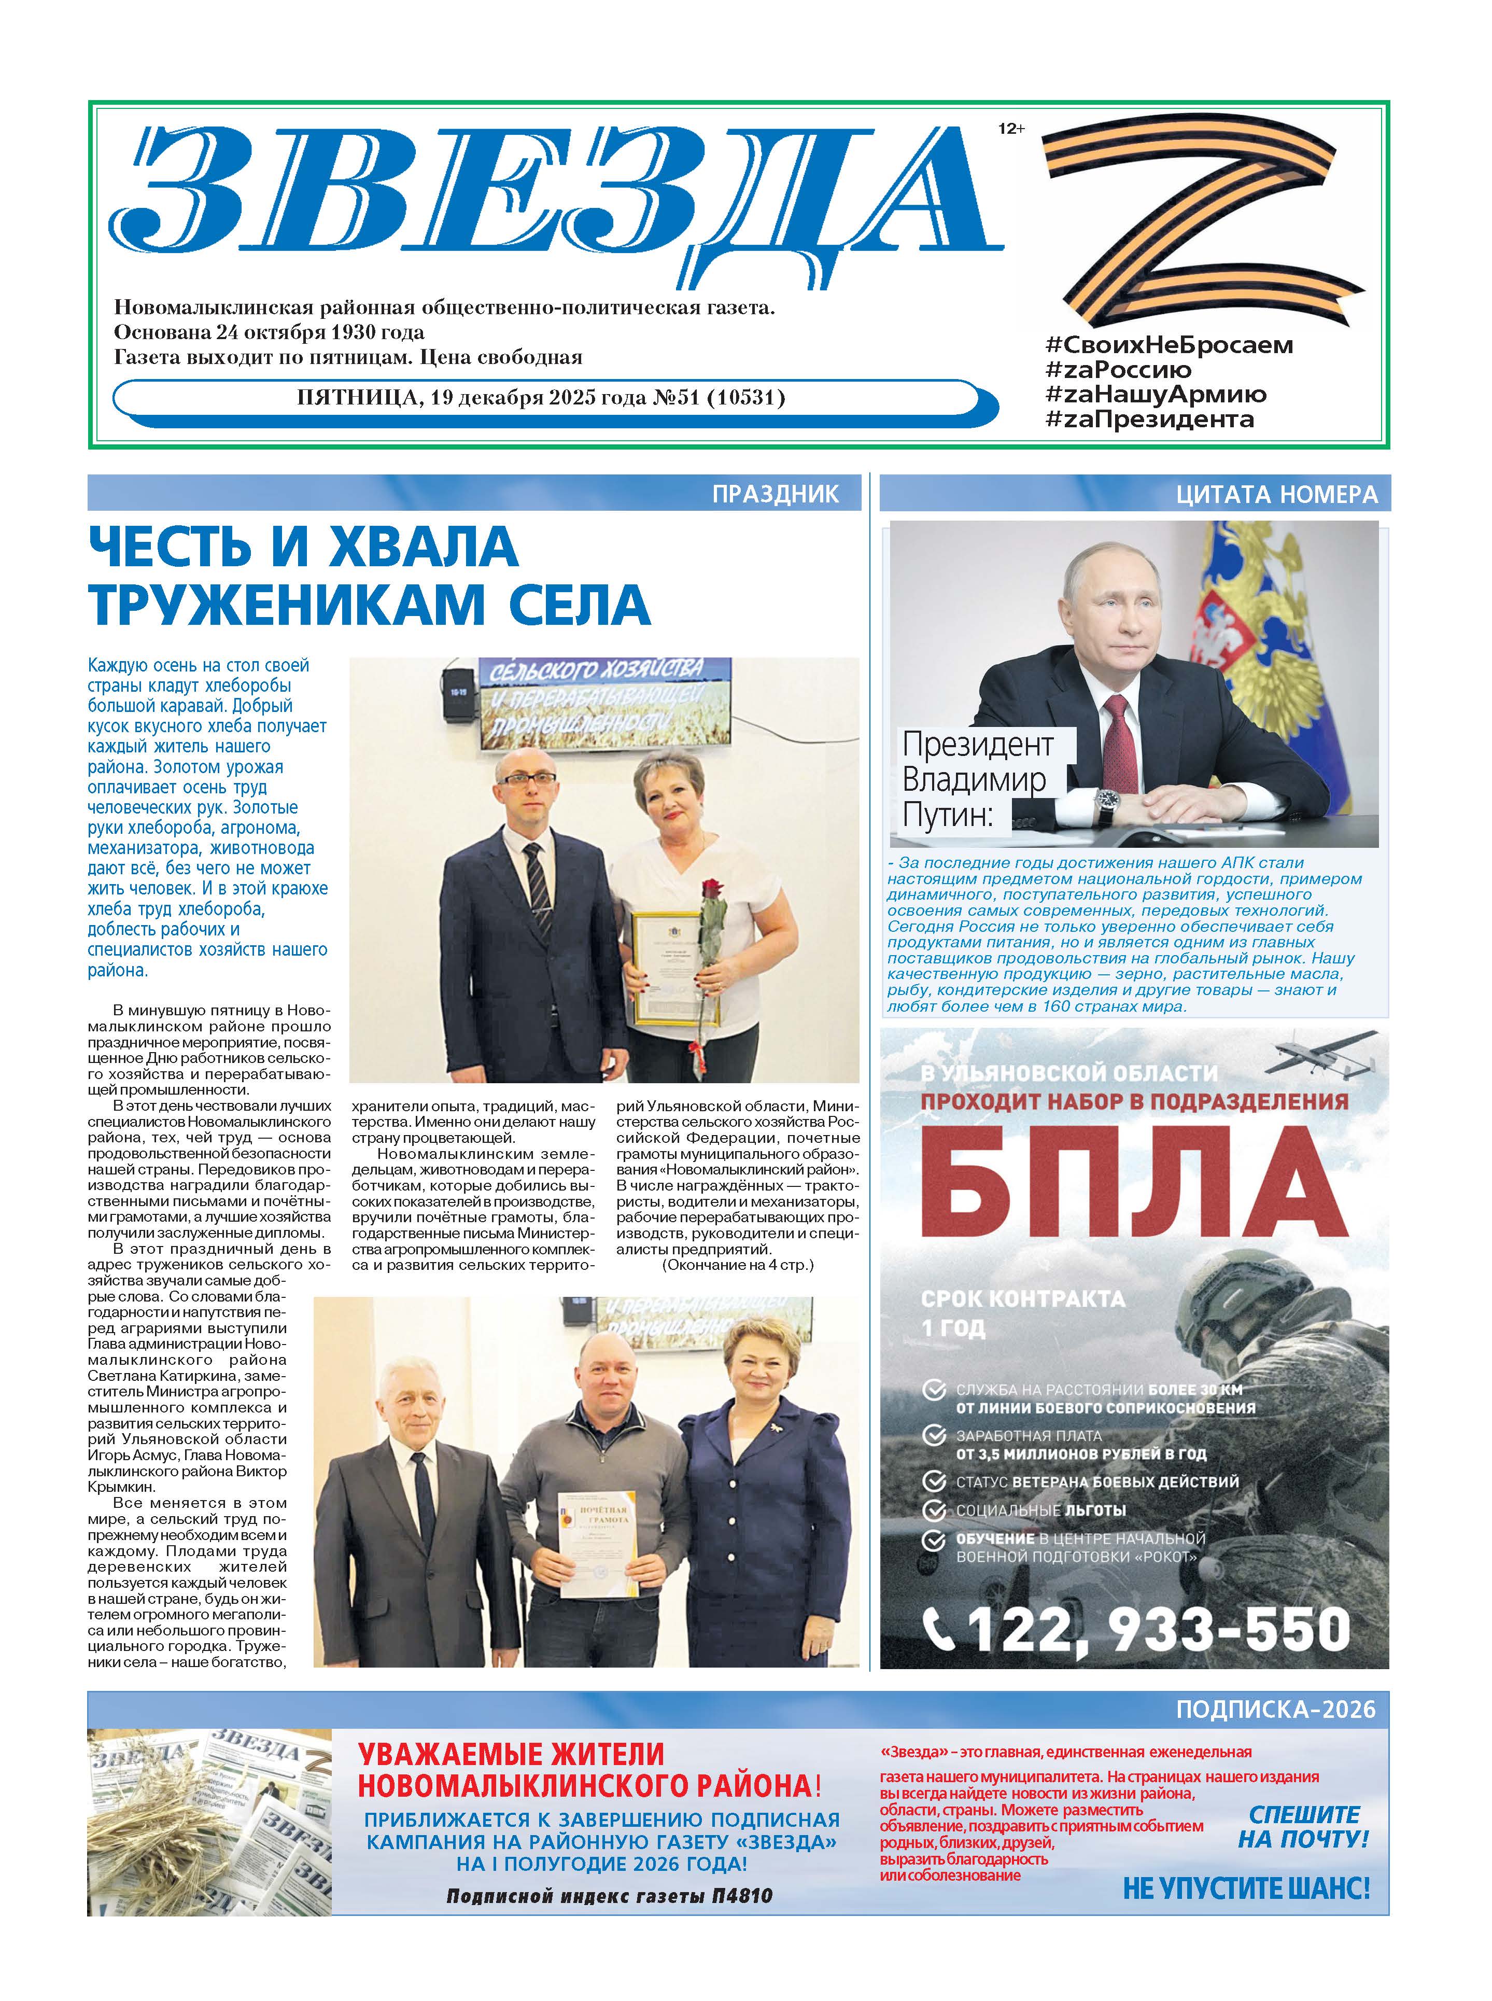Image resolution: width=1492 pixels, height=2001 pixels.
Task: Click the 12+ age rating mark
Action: point(1010,129)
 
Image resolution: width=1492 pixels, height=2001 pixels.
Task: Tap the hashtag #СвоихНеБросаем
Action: point(1169,345)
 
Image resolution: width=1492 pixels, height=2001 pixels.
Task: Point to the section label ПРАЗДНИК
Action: point(775,494)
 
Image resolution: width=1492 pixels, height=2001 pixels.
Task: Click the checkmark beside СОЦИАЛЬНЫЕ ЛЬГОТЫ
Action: point(933,1509)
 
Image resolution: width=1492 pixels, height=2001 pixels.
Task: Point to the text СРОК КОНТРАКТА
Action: point(1022,1299)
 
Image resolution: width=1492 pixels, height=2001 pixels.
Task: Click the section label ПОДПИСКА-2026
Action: point(1275,1709)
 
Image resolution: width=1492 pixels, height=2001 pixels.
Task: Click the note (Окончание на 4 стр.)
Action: point(738,1265)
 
